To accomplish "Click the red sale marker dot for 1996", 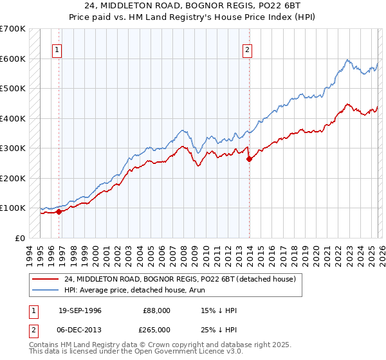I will point(59,212).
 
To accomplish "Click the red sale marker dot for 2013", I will point(249,159).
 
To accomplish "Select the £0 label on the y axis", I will point(19,238).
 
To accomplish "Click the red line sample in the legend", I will point(46,279).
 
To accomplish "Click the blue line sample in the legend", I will point(46,290).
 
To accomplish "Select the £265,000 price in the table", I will point(158,329).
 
